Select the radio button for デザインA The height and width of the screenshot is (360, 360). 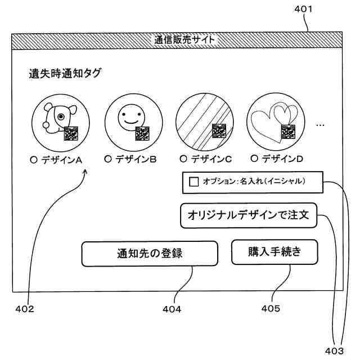(x=34, y=159)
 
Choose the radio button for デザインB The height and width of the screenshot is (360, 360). (x=108, y=159)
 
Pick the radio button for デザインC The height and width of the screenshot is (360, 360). (x=183, y=159)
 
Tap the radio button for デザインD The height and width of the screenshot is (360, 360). (x=254, y=159)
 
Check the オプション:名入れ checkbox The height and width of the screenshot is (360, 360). (x=194, y=182)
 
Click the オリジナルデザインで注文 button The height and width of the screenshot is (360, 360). (x=249, y=215)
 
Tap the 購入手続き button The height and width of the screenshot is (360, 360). (x=274, y=252)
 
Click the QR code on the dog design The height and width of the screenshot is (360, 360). (x=71, y=134)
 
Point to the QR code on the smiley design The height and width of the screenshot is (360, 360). (x=143, y=133)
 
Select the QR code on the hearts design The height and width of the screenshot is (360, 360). (x=289, y=131)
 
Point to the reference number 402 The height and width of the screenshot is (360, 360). (x=25, y=309)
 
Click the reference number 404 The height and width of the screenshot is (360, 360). (x=172, y=309)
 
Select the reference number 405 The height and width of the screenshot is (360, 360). (x=271, y=308)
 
